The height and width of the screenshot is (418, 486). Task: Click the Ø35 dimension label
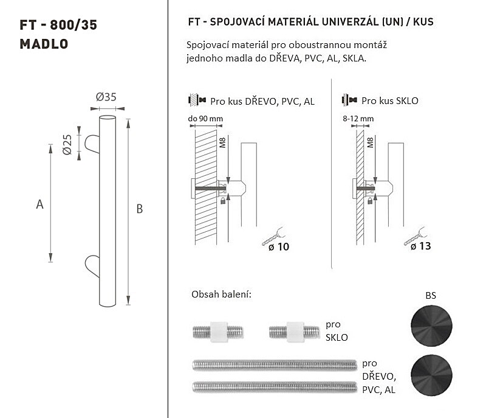pyautogui.click(x=106, y=97)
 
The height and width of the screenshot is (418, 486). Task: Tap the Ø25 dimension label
pyautogui.click(x=67, y=145)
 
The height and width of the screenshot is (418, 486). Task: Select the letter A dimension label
pyautogui.click(x=39, y=204)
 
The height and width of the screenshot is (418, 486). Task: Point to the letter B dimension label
pyautogui.click(x=140, y=209)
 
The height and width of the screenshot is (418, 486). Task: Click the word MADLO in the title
pyautogui.click(x=44, y=44)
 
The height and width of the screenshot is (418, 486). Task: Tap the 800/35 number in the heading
pyautogui.click(x=74, y=25)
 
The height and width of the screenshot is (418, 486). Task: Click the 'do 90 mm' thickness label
pyautogui.click(x=205, y=119)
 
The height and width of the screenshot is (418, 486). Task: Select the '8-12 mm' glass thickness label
pyautogui.click(x=358, y=119)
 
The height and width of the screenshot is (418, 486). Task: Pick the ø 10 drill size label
pyautogui.click(x=279, y=246)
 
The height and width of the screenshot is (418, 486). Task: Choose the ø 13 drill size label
pyautogui.click(x=420, y=246)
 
